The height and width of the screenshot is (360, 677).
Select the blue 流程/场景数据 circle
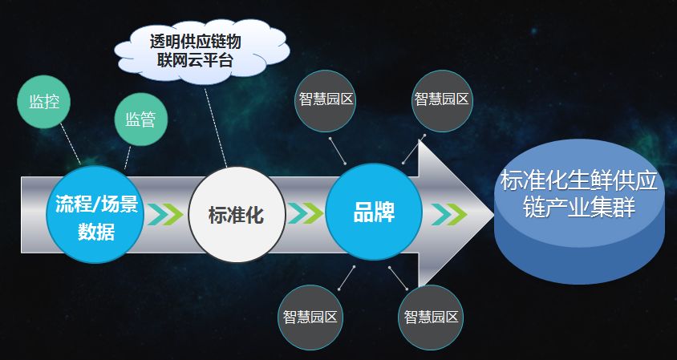[96, 216]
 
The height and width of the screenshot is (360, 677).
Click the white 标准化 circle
[236, 215]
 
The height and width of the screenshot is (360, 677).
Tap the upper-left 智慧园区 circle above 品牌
[325, 100]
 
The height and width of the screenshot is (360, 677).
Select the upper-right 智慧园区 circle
[442, 100]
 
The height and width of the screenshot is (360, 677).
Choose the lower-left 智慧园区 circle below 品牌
[310, 316]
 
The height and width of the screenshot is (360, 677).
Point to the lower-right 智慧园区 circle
[431, 316]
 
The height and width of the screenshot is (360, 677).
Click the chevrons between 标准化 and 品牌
[306, 214]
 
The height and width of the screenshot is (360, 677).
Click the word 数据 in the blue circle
[96, 233]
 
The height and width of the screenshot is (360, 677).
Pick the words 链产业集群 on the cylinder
[578, 208]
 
